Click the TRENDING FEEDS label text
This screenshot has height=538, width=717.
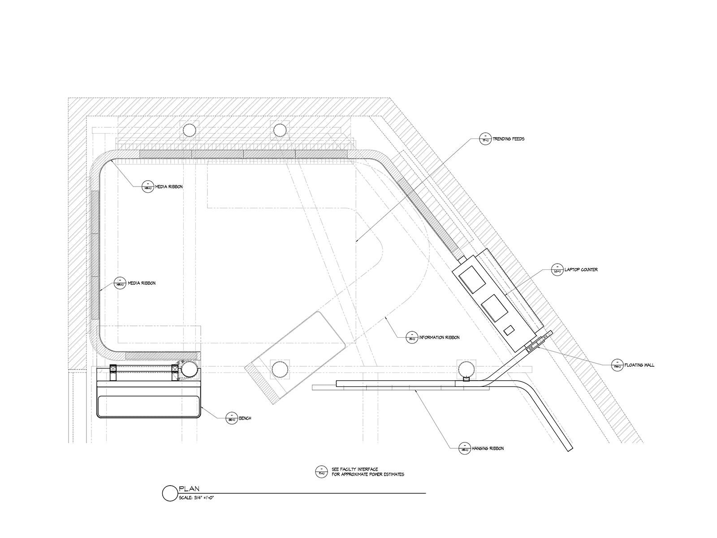[x=508, y=139]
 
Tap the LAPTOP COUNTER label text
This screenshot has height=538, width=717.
[x=581, y=270]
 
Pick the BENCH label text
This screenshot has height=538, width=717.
[x=245, y=418]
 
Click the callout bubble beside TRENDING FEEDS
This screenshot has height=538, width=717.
[x=484, y=139]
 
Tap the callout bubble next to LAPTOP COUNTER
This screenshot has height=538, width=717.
[x=557, y=270]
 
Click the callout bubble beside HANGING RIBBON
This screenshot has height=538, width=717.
[x=464, y=448]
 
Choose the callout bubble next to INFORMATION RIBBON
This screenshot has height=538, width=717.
[x=411, y=337]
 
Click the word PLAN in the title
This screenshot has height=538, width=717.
[x=189, y=489]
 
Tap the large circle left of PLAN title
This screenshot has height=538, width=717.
[x=170, y=493]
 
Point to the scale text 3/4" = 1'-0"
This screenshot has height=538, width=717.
[x=197, y=497]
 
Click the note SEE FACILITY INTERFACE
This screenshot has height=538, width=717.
[x=354, y=469]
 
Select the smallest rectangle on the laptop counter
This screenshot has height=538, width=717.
[x=509, y=331]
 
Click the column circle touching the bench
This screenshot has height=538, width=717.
[x=189, y=370]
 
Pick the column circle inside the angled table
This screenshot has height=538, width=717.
[x=280, y=370]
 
